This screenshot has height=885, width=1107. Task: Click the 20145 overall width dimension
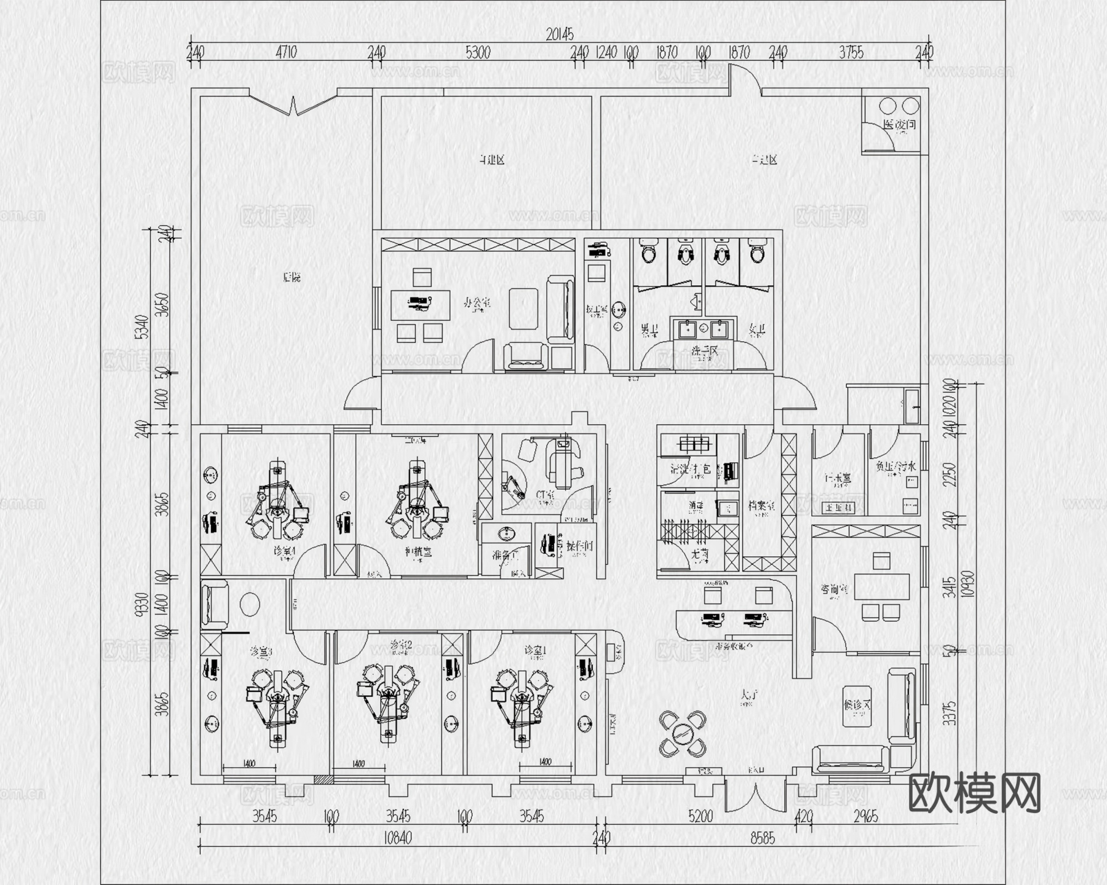click(x=560, y=35)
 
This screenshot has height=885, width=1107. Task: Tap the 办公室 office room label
click(x=477, y=303)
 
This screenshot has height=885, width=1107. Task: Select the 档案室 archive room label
click(x=761, y=505)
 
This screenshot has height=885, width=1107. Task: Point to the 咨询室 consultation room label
click(x=834, y=589)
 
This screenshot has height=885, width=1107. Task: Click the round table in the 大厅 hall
click(x=683, y=733)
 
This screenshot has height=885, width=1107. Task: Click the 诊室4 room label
click(x=285, y=551)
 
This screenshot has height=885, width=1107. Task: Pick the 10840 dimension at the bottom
click(x=397, y=838)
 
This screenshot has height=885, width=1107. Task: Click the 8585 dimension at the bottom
click(x=762, y=838)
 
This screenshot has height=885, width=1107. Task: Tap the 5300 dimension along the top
click(x=478, y=53)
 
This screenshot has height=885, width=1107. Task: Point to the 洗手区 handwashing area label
click(x=705, y=351)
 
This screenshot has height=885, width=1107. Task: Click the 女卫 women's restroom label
click(x=757, y=331)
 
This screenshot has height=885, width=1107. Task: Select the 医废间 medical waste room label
click(x=899, y=125)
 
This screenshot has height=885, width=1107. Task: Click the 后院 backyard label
click(x=292, y=278)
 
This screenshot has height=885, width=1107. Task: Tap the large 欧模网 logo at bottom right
click(x=974, y=793)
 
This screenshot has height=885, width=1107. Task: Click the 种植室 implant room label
click(x=418, y=551)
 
